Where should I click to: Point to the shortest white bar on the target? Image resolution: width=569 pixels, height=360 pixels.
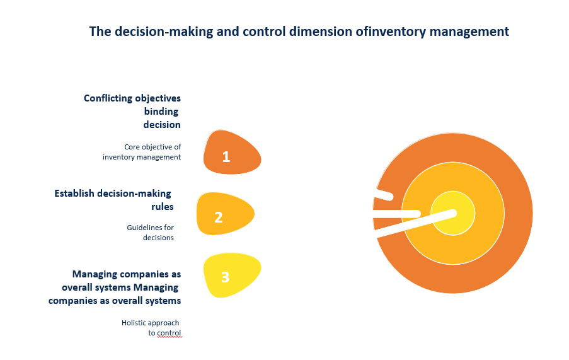tap(384, 195)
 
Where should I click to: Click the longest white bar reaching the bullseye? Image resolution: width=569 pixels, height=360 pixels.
tap(416, 224)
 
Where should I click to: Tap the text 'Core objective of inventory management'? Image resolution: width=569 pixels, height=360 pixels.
tap(142, 152)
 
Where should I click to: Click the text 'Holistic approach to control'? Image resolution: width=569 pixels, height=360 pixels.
tap(151, 328)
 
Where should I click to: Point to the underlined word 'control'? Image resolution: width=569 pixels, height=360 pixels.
tap(169, 333)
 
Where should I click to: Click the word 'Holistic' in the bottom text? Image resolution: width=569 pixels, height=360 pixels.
tap(134, 323)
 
